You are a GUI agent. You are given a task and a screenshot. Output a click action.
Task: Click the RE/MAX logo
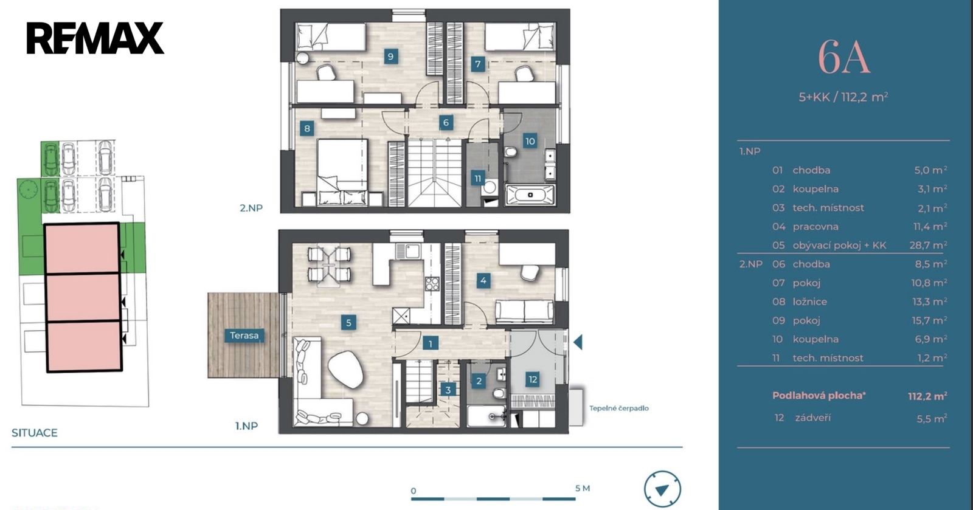[x=95, y=38]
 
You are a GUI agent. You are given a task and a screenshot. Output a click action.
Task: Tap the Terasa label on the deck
[x=244, y=336]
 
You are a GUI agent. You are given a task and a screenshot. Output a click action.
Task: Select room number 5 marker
[x=348, y=323]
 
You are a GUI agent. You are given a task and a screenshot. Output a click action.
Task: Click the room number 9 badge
[x=390, y=57]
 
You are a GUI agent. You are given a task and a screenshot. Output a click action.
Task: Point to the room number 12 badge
[x=533, y=380]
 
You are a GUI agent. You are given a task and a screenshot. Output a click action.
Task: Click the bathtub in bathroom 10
[x=530, y=195]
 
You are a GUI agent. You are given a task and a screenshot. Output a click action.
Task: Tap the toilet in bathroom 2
[x=499, y=393]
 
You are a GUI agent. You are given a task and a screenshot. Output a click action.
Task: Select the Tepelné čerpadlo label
[x=618, y=408]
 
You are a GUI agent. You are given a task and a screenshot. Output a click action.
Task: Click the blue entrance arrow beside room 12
[x=578, y=342]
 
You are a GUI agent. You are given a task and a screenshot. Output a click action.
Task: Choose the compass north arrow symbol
[x=662, y=489]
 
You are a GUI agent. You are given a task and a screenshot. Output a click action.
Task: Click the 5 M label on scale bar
[x=583, y=488]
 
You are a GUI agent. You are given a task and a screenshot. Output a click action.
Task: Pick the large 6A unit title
[x=843, y=58]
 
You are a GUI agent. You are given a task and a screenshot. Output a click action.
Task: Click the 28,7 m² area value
[x=928, y=245]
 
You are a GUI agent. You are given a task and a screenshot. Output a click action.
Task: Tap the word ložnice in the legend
[x=809, y=302]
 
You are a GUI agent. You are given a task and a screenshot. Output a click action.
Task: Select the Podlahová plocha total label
[x=819, y=395]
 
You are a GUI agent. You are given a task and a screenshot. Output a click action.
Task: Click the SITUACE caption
[x=34, y=433]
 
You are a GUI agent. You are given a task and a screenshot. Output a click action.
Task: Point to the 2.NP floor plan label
[x=251, y=208]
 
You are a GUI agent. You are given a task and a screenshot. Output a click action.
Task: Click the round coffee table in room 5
[x=346, y=370]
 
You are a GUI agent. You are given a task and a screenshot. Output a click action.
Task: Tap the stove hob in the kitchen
[x=432, y=284]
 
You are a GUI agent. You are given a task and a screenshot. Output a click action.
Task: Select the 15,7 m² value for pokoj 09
[x=929, y=320]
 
